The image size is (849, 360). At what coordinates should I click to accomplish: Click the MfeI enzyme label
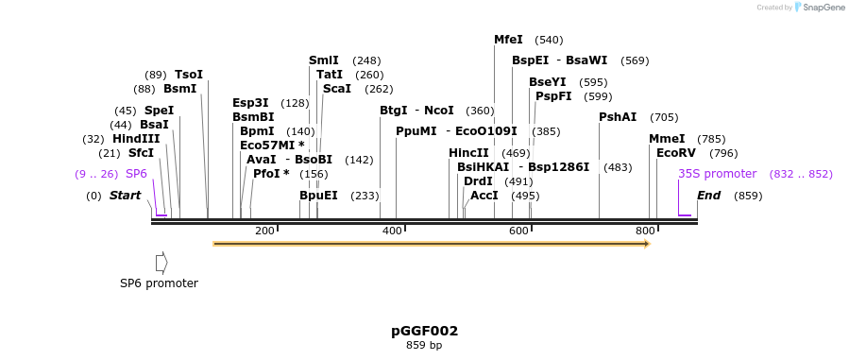508,40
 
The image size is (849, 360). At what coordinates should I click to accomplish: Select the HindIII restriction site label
136,139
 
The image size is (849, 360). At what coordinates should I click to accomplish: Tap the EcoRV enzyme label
675,153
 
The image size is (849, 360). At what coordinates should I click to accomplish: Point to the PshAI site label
618,117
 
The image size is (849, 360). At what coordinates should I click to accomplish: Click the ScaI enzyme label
337,89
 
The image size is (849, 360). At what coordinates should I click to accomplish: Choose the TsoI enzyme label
189,75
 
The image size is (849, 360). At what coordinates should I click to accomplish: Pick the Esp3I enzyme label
250,103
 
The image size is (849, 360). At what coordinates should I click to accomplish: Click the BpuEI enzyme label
318,196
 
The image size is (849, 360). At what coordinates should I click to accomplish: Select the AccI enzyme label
484,196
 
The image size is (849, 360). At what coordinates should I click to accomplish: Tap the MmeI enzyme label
667,139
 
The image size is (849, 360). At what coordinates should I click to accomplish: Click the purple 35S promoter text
718,174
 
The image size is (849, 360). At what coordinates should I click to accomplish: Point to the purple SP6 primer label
137,174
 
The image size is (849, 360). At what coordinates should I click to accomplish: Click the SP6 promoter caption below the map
159,283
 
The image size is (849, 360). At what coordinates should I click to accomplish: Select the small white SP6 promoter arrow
161,262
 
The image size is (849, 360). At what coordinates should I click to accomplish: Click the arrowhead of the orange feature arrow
647,244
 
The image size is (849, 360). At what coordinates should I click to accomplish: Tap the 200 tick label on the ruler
264,231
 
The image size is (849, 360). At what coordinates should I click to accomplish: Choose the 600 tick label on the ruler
518,231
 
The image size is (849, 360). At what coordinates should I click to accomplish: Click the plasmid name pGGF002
424,331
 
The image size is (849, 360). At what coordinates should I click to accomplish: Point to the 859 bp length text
424,345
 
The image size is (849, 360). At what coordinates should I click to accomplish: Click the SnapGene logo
819,8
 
